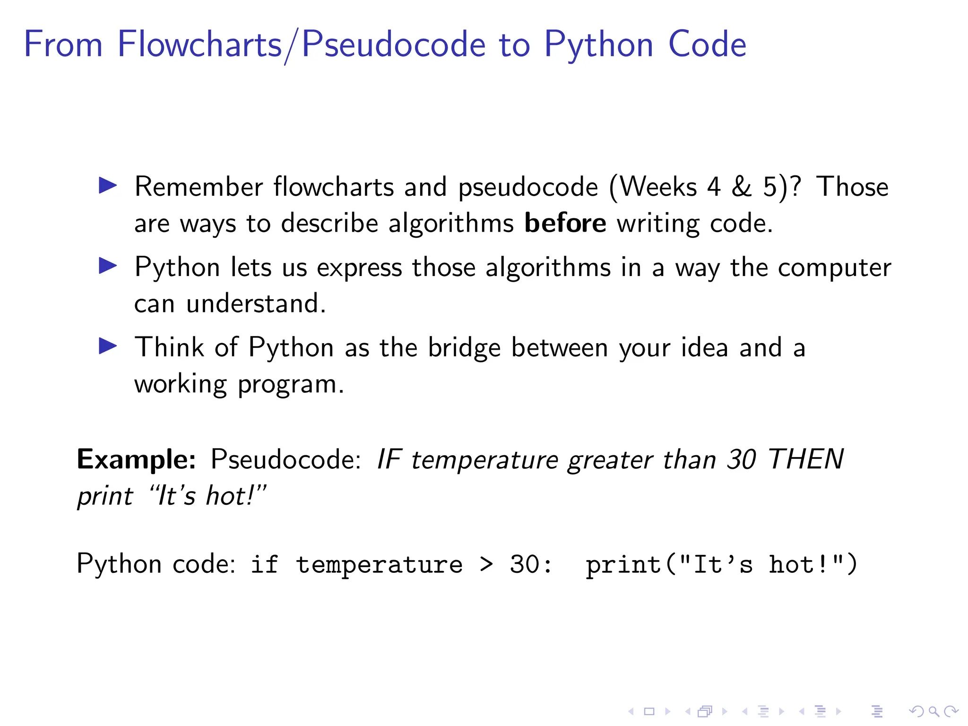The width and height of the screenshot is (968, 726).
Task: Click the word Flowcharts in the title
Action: [x=199, y=44]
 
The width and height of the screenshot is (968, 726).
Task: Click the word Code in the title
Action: [x=707, y=44]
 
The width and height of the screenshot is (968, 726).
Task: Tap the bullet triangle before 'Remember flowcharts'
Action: [x=108, y=185]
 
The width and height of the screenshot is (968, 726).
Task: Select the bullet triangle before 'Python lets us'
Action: [x=108, y=266]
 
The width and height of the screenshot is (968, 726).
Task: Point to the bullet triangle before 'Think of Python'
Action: [x=108, y=346]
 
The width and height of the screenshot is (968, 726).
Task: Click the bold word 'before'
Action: [x=565, y=223]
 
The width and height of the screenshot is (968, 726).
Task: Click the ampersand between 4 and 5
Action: [x=742, y=187]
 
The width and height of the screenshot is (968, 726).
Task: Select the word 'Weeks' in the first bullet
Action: [x=658, y=187]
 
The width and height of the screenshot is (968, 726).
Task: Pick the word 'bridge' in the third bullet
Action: [x=464, y=348]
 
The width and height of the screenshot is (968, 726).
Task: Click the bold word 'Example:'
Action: [x=136, y=459]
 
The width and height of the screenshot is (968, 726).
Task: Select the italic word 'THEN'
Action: [x=806, y=459]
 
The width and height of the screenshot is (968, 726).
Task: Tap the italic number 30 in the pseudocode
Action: [x=742, y=459]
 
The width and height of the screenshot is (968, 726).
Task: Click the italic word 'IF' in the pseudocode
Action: [x=389, y=459]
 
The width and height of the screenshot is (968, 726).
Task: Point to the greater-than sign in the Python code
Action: [x=486, y=564]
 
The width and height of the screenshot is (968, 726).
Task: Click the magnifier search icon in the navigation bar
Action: [x=933, y=711]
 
